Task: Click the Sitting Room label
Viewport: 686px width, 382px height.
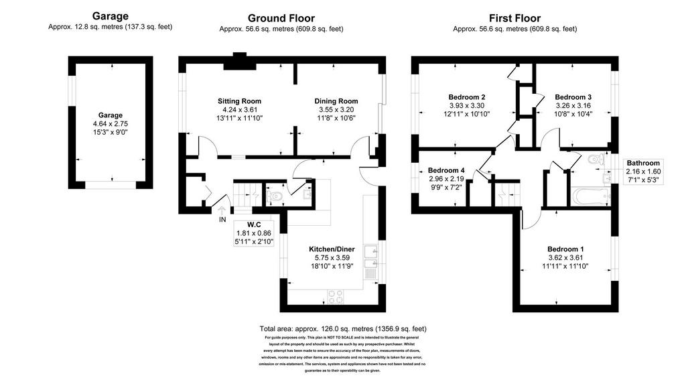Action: tap(239, 101)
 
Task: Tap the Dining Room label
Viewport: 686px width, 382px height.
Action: tap(336, 101)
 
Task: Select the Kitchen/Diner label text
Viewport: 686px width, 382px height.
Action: tap(332, 249)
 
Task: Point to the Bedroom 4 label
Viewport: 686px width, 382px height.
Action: tap(446, 170)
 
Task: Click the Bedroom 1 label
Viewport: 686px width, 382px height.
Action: tap(565, 249)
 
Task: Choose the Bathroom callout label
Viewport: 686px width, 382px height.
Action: tap(642, 163)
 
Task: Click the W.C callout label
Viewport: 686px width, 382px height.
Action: tap(254, 225)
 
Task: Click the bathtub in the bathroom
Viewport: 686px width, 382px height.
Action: tap(591, 196)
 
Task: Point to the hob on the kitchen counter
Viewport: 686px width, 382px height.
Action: tap(336, 297)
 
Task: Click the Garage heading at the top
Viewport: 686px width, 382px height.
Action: tap(111, 16)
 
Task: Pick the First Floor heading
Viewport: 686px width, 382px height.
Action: tap(514, 18)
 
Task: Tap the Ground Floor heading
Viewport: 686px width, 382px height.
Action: tap(281, 18)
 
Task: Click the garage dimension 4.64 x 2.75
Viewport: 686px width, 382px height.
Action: tap(111, 124)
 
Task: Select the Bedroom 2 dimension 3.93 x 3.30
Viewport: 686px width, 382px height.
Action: tap(466, 105)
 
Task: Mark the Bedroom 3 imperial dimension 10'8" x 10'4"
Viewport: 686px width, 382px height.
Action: tap(573, 114)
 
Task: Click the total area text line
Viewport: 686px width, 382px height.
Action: tap(343, 328)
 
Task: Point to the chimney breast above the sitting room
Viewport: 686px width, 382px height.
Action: tap(239, 61)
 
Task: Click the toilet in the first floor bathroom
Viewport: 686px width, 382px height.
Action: tap(596, 160)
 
